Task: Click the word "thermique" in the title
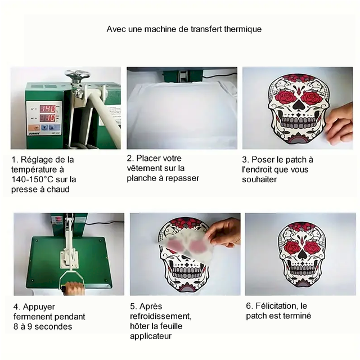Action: click(242, 29)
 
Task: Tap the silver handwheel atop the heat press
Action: click(77, 74)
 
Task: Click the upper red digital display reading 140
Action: click(48, 109)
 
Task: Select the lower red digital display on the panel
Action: click(48, 118)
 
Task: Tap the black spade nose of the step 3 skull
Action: click(298, 105)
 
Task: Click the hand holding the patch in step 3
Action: click(340, 124)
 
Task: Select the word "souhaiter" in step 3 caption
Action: click(259, 179)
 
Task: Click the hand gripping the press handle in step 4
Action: click(74, 289)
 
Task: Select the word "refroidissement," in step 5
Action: click(161, 316)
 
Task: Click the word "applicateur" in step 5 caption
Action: click(151, 336)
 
